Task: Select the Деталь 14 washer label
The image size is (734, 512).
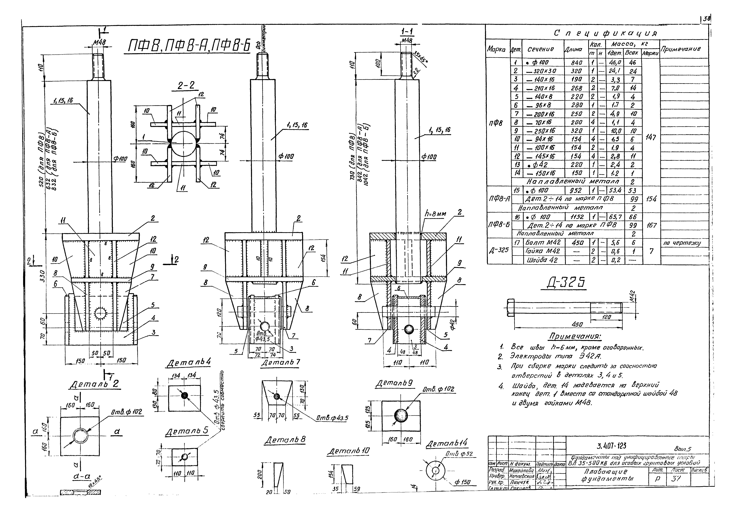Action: coord(447,444)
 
